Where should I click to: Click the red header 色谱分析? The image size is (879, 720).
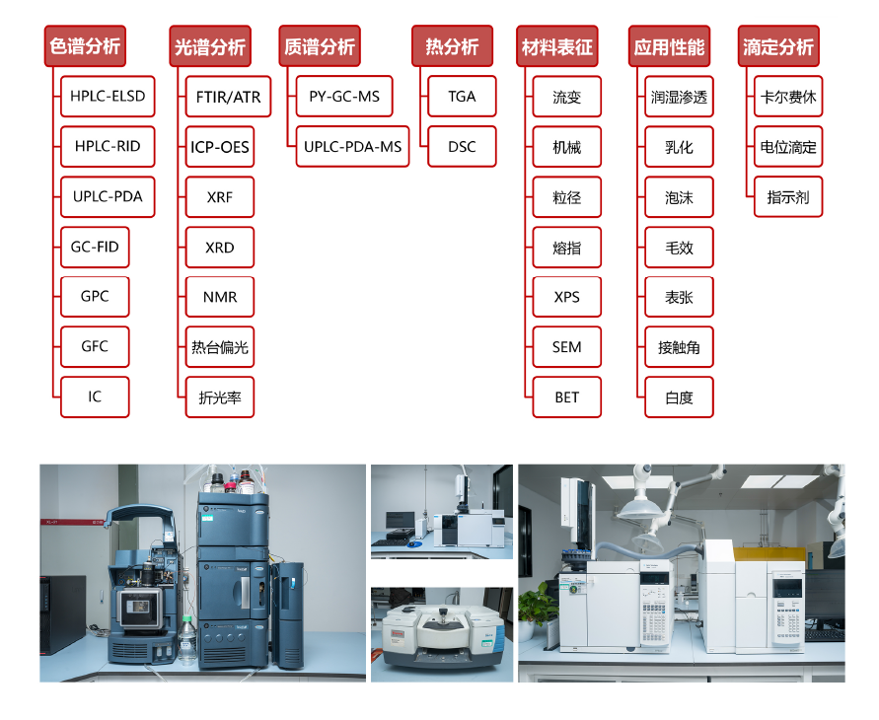point(85,46)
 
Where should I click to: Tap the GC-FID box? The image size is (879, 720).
point(95,247)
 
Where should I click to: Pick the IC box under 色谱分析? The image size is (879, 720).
point(95,396)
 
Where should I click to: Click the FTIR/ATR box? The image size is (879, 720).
point(220,97)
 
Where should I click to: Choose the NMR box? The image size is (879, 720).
point(220,297)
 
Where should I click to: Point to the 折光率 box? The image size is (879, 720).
point(220,398)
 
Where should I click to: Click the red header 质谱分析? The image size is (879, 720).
point(319,46)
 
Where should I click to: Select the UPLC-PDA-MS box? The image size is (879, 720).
point(352,147)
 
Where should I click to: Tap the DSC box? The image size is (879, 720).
point(462,147)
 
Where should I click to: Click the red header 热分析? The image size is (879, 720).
point(452,46)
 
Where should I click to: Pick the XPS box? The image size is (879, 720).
point(567,297)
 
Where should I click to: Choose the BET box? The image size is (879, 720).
point(567,397)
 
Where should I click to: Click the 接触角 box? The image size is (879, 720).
point(679,347)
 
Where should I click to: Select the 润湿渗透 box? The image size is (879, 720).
point(679,98)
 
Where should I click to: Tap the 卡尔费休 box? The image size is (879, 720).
point(788,98)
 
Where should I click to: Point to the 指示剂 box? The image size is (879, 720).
point(788,197)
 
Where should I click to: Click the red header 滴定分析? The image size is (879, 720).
point(778,46)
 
